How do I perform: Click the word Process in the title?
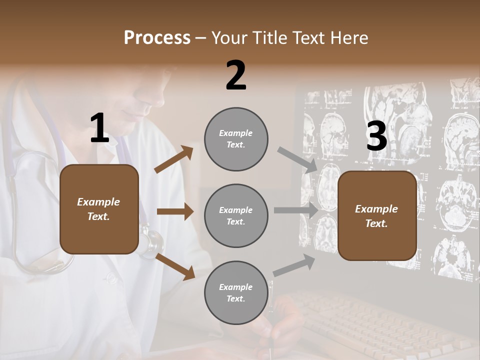point(157,37)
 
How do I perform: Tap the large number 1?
point(99,128)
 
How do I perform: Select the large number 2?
point(236,75)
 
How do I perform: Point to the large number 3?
point(376,136)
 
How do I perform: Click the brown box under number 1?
point(99,209)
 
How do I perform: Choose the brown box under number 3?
point(377,215)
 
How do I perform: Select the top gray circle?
point(236,139)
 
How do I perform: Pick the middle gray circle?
point(236,215)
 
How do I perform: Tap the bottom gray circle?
point(236,292)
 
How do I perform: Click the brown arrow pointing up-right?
point(174,159)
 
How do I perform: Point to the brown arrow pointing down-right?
point(175,266)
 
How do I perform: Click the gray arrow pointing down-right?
point(297,159)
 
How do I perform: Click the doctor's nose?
point(150,102)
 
